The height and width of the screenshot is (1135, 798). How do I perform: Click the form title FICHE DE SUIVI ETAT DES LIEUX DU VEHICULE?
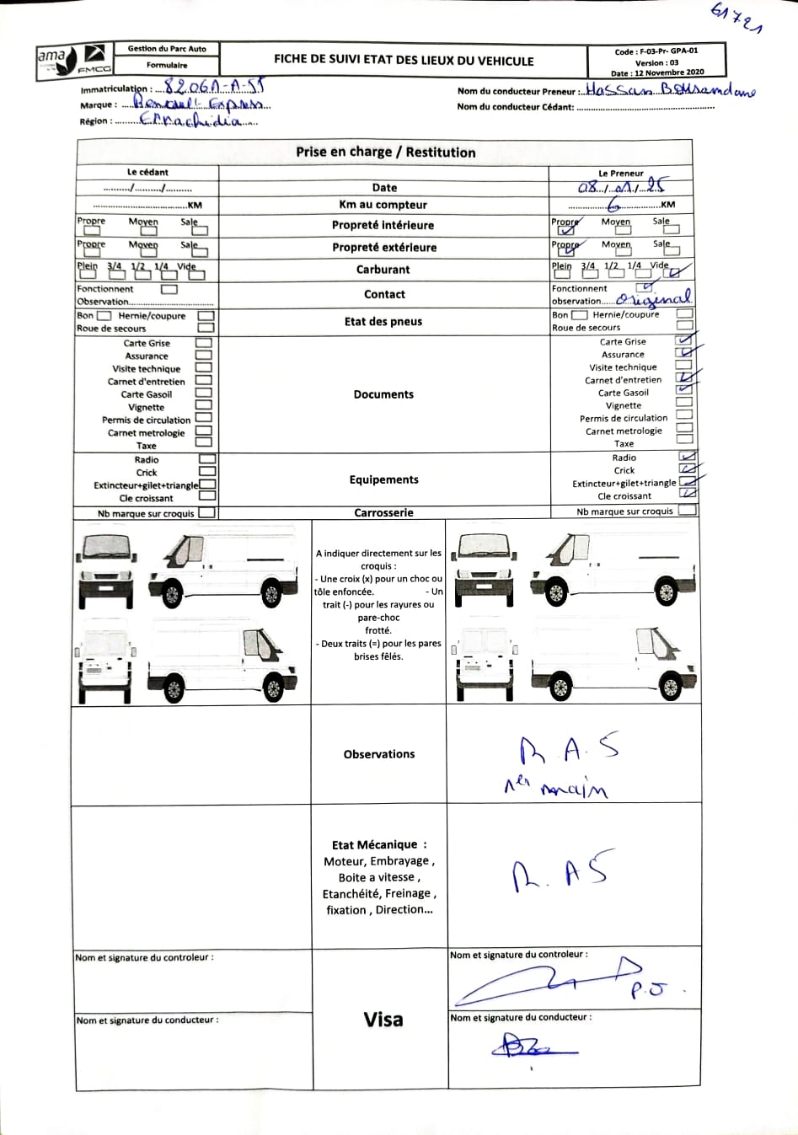404,61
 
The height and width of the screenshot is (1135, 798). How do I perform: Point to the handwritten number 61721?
736,19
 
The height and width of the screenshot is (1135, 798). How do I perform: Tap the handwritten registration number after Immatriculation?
214,87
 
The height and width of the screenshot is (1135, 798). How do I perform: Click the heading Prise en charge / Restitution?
385,153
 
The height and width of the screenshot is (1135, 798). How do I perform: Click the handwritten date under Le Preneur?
621,187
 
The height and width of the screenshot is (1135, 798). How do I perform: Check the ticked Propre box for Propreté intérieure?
566,229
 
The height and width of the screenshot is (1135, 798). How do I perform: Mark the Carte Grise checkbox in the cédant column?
203,343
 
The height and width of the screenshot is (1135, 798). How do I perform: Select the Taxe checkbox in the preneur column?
684,439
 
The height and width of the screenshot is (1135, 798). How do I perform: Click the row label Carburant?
383,270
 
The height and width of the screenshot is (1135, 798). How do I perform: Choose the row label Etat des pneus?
383,321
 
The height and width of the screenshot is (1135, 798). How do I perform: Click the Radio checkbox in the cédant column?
206,459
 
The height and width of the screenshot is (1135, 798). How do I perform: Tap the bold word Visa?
383,1020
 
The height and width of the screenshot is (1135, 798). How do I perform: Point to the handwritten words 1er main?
556,787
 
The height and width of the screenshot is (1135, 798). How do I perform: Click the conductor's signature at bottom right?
533,1047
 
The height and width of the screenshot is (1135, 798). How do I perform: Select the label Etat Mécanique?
379,845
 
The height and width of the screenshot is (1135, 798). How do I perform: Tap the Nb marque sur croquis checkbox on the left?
206,512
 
